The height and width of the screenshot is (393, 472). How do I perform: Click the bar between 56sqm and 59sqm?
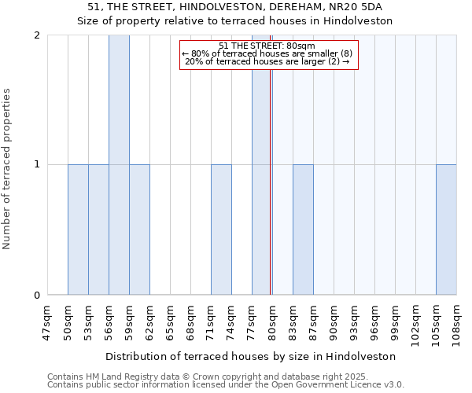tap(119, 165)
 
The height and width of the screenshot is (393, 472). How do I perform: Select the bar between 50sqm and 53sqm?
tap(78, 230)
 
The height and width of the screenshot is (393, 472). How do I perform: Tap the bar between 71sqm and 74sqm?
tap(221, 230)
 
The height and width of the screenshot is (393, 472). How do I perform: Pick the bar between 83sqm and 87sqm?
tap(303, 230)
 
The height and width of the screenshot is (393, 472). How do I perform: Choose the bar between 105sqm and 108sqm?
tap(446, 230)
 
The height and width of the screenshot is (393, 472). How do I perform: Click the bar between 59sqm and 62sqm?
tap(139, 230)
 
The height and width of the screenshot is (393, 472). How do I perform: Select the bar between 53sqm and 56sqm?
tap(98, 230)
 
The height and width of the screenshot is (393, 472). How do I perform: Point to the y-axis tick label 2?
tap(37, 35)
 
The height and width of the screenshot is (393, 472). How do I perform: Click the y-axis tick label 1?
tap(37, 165)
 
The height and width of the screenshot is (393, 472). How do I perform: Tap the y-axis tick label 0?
tap(37, 296)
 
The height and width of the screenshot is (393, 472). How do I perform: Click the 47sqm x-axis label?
tap(47, 322)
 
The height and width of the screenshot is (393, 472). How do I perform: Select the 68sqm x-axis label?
tap(190, 322)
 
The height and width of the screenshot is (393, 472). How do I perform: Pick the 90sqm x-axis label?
tap(334, 322)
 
